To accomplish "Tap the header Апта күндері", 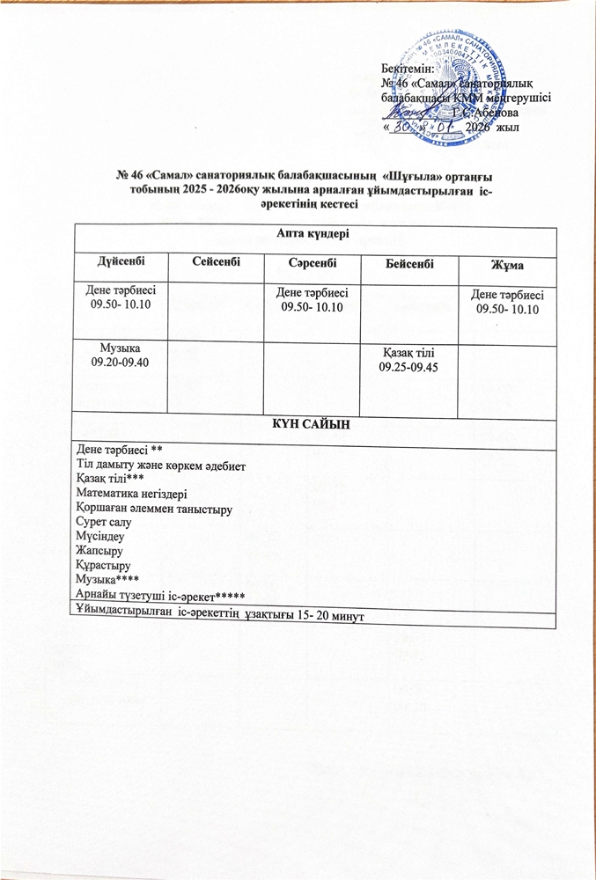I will [314, 234].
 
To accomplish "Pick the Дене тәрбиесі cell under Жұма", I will [506, 302].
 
